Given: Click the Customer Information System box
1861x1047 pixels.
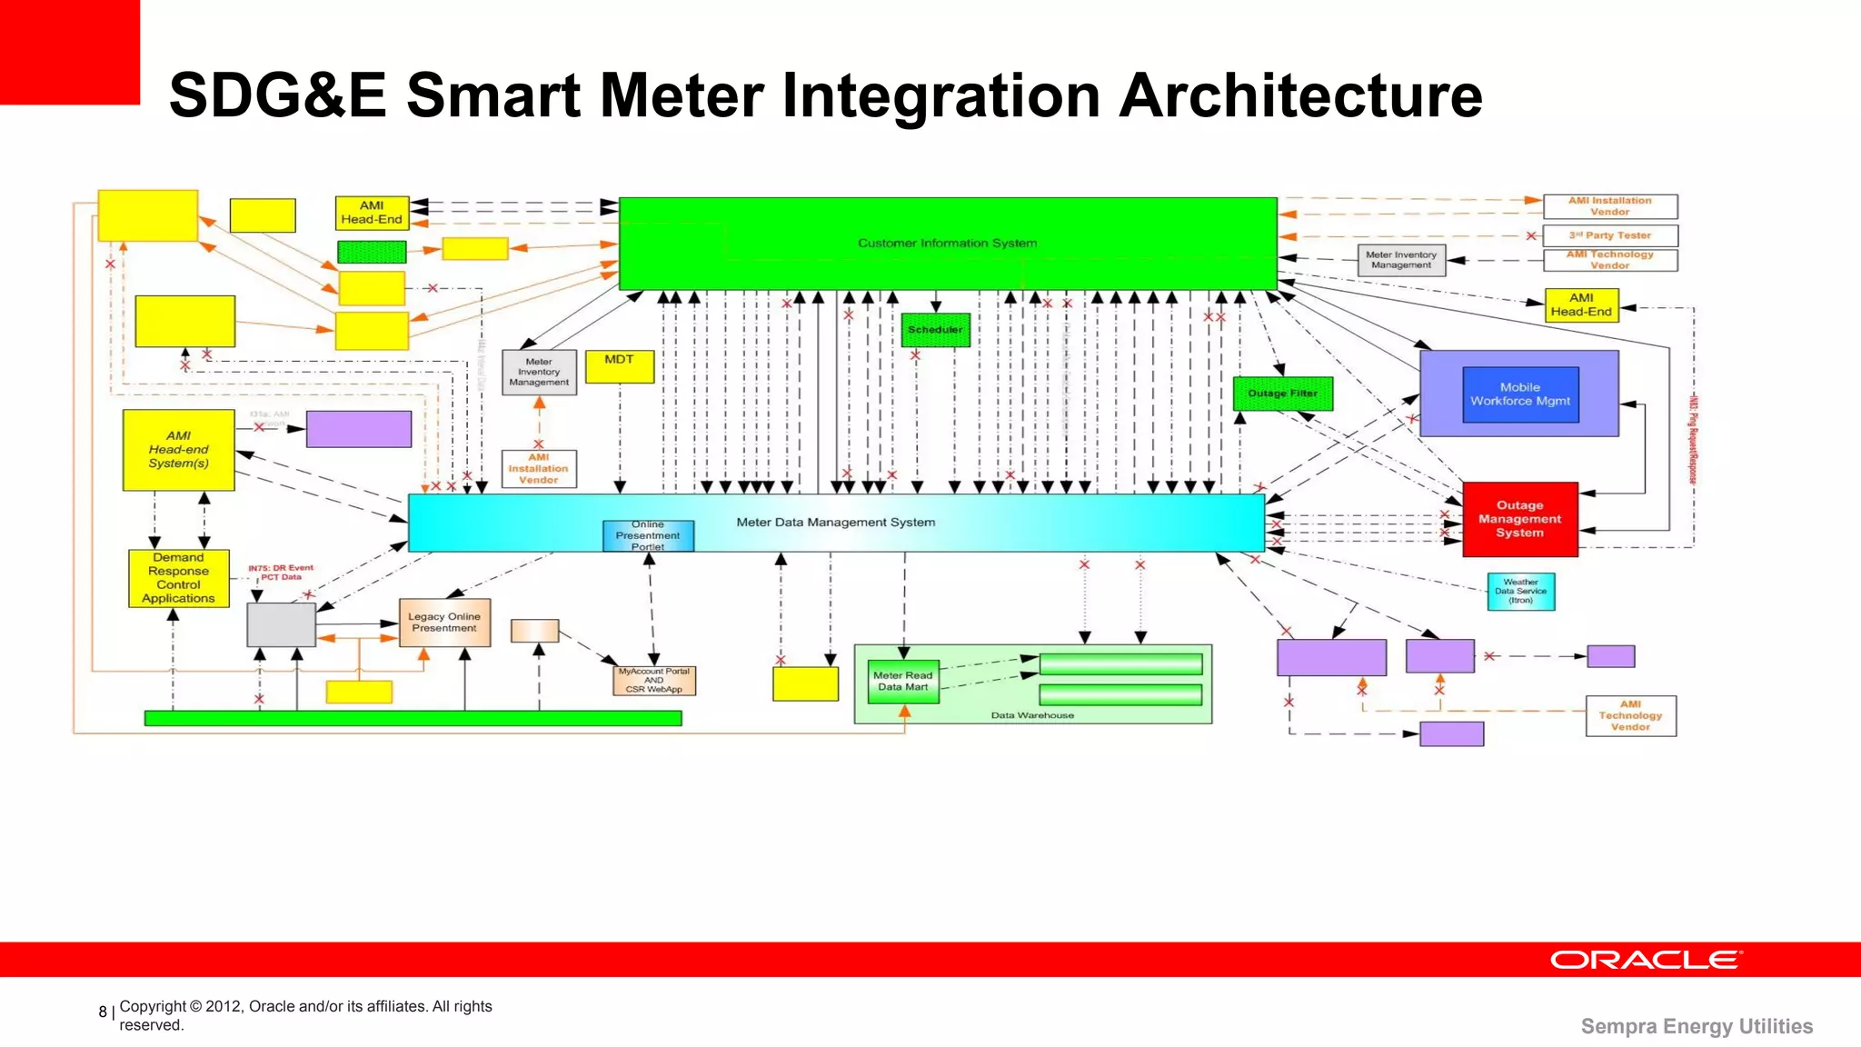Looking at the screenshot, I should coord(947,243).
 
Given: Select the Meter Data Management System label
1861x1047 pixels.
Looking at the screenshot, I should coord(835,523).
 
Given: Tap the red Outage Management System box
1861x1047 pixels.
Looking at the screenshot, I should coord(1519,519).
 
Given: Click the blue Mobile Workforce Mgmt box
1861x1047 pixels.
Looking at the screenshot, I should coord(1520,394).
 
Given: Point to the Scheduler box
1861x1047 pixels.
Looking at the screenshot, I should coord(935,330).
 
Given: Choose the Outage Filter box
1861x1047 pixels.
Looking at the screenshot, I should coord(1282,394).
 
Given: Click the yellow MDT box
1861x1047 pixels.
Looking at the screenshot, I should coord(619,366).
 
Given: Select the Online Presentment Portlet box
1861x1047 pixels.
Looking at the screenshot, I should coord(648,535).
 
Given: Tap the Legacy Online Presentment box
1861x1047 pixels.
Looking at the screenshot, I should coord(444,623).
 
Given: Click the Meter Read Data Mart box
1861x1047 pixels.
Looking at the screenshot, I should coord(902,682).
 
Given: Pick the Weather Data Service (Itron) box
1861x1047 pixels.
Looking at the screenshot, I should coord(1520,591).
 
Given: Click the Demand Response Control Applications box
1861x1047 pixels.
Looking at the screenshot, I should coord(178,578).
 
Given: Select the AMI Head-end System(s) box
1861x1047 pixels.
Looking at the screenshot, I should coord(178,450).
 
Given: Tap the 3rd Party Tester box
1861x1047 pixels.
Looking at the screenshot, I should coord(1609,235).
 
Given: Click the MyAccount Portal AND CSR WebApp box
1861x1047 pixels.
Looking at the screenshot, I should coord(653,681).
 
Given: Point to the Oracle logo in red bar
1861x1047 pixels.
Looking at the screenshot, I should coord(1645,960).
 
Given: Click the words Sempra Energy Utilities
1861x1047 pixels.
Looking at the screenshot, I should coord(1696,1026).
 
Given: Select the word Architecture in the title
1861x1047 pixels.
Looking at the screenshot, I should coord(1300,95).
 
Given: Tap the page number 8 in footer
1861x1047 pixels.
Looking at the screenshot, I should coord(103,1012).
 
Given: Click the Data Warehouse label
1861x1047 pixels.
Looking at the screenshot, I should coord(1031,715).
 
